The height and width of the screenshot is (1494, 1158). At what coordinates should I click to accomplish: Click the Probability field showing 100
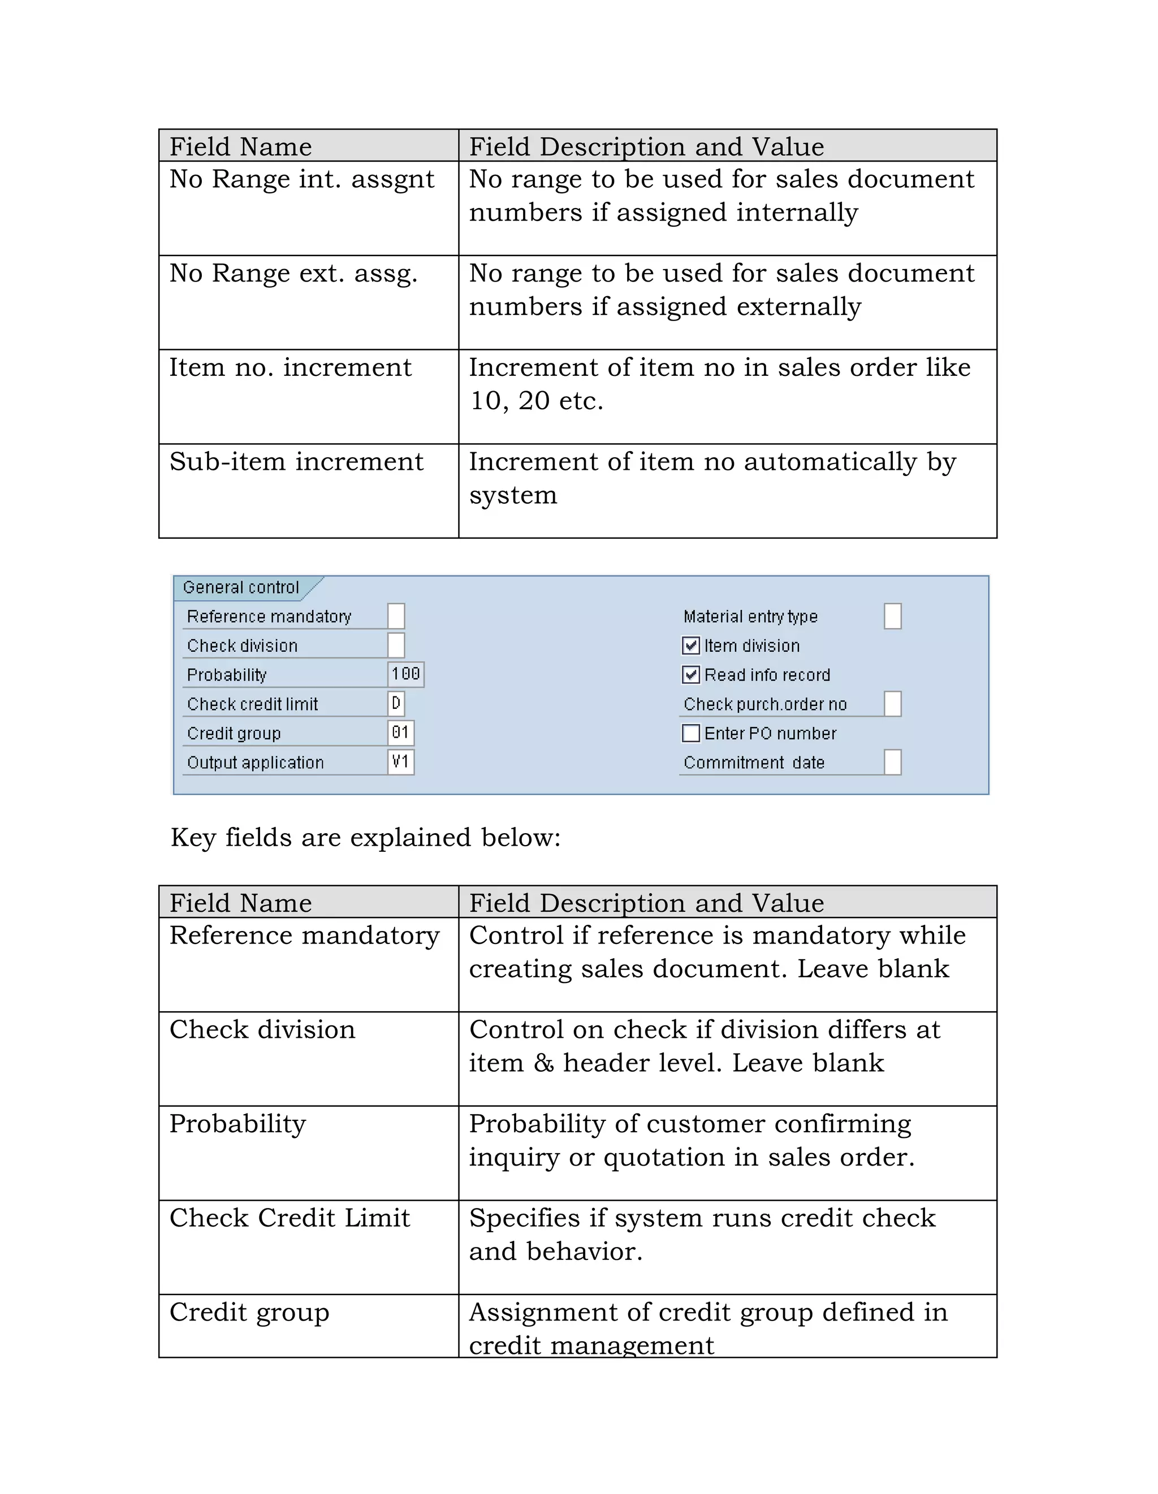[x=406, y=674]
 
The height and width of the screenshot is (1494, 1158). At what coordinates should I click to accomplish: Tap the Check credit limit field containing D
[x=396, y=704]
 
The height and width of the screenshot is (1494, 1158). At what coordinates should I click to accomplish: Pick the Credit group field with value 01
[x=401, y=733]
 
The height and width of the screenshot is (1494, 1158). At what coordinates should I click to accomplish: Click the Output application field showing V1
[x=401, y=762]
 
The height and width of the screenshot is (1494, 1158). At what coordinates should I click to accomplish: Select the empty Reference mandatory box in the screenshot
[x=396, y=616]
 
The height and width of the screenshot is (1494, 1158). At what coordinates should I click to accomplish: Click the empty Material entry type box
[x=892, y=616]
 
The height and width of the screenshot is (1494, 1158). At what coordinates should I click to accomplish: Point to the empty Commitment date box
[x=892, y=762]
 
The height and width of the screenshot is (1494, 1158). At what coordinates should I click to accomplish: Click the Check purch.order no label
[x=765, y=704]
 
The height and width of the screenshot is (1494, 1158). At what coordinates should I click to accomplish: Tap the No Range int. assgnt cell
[x=302, y=179]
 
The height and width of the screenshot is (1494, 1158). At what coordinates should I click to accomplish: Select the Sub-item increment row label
[x=296, y=462]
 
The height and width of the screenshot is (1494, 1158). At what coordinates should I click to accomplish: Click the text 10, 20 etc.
[x=536, y=401]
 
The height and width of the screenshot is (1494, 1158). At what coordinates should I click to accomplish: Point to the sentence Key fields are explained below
[x=365, y=838]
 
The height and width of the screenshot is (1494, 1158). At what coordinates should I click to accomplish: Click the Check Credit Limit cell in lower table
[x=289, y=1218]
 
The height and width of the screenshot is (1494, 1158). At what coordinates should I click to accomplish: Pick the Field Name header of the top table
[x=241, y=147]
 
